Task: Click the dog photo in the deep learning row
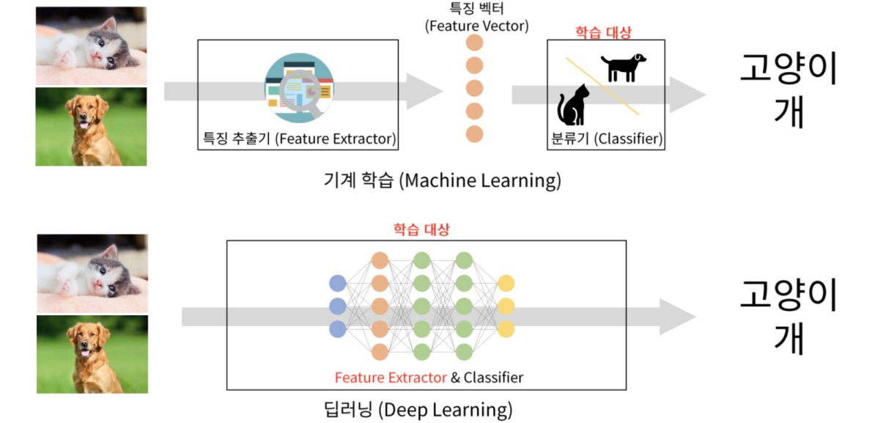92,353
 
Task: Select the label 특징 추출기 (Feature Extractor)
299,138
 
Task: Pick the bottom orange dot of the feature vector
475,134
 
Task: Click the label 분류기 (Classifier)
606,138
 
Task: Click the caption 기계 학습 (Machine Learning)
443,180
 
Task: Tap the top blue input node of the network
337,283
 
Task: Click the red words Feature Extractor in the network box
391,378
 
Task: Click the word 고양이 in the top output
787,71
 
